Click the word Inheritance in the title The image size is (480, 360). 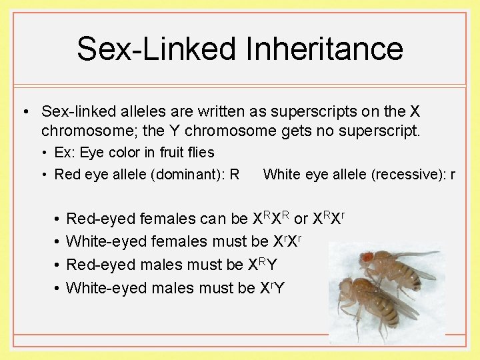323,49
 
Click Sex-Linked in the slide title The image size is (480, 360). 158,49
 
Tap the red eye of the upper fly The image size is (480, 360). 367,256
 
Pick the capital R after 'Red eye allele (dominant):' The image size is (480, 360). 234,175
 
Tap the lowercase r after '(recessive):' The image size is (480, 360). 453,175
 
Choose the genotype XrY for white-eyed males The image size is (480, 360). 269,287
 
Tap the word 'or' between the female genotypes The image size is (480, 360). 301,218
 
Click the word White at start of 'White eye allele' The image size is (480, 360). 281,175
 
